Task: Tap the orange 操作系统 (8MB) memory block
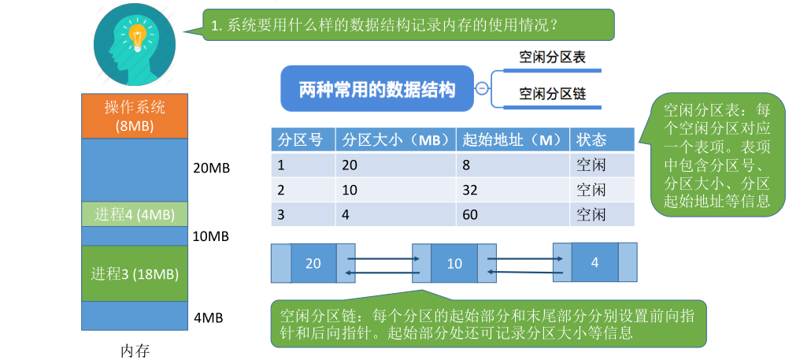coord(135,116)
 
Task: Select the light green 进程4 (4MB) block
coord(135,214)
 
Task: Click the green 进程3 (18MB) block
coord(135,274)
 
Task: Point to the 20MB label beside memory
coord(212,169)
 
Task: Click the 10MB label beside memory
coord(212,236)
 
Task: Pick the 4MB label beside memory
coord(209,317)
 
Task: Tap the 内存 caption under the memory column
coord(135,350)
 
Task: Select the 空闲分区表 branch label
coord(552,58)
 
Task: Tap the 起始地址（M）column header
coord(512,140)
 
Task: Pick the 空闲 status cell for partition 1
coord(591,165)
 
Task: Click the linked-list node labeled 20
coord(313,263)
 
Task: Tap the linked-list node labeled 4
coord(594,262)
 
